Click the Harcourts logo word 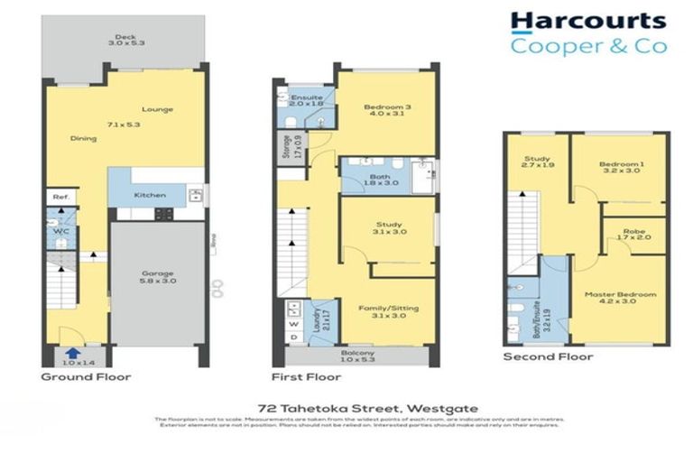(x=587, y=21)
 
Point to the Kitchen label (x=149, y=195)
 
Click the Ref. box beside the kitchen (x=60, y=197)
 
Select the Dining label (x=84, y=138)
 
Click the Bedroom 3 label (x=386, y=108)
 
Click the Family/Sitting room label (x=386, y=308)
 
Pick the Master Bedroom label (x=619, y=295)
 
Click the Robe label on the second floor (x=634, y=232)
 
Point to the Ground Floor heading (x=87, y=377)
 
